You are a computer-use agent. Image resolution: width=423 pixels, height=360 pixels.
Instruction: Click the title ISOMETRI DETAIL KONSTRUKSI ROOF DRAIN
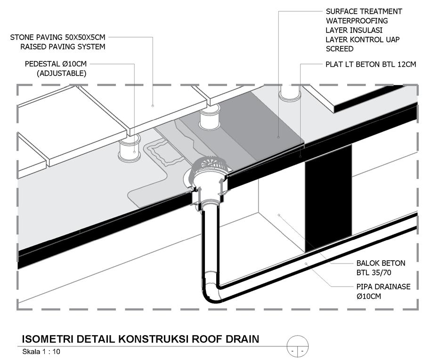[141, 339]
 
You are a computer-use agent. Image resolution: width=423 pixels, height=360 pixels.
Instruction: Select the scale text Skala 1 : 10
[41, 352]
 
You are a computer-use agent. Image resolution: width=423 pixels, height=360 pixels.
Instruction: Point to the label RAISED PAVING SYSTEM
[63, 47]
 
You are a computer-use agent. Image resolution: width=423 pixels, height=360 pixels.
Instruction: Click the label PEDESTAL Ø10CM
[56, 64]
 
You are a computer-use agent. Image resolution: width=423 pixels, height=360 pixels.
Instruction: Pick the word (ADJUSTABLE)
[62, 73]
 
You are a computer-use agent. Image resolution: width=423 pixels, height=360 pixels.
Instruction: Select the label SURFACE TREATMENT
[364, 11]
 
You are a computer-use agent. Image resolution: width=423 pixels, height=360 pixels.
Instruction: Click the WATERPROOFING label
[357, 21]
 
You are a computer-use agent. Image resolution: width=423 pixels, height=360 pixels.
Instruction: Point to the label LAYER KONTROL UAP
[363, 40]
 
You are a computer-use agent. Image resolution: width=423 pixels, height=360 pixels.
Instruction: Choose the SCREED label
[340, 49]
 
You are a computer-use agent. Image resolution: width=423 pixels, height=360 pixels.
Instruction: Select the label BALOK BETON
[381, 263]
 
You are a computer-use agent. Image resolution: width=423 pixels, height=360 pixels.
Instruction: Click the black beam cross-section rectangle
[328, 198]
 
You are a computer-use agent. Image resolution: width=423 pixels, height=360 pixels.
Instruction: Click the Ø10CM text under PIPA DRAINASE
[369, 296]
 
